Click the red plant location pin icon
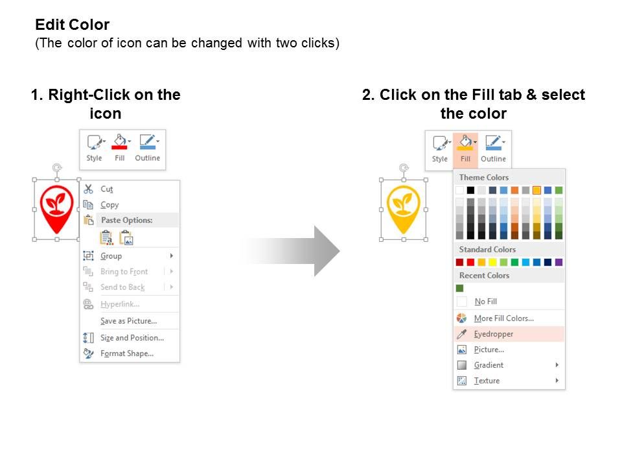(x=57, y=208)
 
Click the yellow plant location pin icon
(x=404, y=208)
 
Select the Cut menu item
(x=107, y=189)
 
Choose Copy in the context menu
(x=109, y=205)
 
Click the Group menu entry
(x=111, y=256)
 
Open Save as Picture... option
(x=128, y=321)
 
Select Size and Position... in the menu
(x=132, y=338)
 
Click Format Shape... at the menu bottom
(x=126, y=353)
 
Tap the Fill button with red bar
(x=120, y=147)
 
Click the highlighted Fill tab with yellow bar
(x=465, y=148)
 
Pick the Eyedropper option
(x=494, y=334)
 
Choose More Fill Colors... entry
(x=504, y=318)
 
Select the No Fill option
(x=485, y=302)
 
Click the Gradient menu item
(x=489, y=365)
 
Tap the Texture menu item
(x=487, y=381)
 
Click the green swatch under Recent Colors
(x=460, y=288)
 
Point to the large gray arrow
(x=291, y=251)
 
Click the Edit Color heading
(x=72, y=25)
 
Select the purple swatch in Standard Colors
(x=559, y=262)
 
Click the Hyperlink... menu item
(x=120, y=304)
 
